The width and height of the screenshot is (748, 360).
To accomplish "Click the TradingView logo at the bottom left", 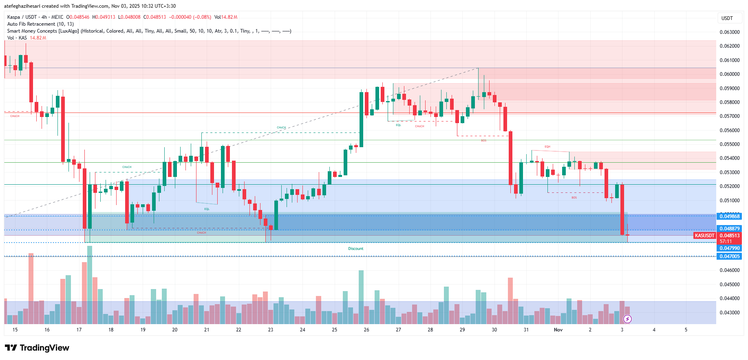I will [37, 348].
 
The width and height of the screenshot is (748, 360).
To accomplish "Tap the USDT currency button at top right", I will [727, 18].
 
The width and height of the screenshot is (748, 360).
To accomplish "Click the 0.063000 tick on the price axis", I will [729, 32].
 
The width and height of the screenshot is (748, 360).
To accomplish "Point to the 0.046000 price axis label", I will [729, 270].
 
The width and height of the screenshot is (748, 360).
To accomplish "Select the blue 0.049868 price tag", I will [729, 216].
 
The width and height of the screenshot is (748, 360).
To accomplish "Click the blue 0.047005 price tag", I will [729, 256].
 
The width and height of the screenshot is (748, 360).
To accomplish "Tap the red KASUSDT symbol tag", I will [704, 236].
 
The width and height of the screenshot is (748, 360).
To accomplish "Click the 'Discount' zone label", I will [355, 249].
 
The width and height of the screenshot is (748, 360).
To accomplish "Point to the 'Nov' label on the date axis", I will [558, 330].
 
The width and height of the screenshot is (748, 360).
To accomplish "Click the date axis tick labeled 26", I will [366, 330].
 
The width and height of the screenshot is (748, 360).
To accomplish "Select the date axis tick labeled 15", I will [15, 330].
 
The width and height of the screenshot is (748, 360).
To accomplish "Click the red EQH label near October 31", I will [547, 147].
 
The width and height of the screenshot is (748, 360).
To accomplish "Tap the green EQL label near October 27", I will [398, 125].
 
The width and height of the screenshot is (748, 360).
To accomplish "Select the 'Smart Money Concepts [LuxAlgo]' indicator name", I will [43, 31].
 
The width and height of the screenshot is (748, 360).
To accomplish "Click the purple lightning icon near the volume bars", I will [627, 319].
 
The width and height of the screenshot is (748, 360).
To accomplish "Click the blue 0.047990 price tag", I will [729, 248].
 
